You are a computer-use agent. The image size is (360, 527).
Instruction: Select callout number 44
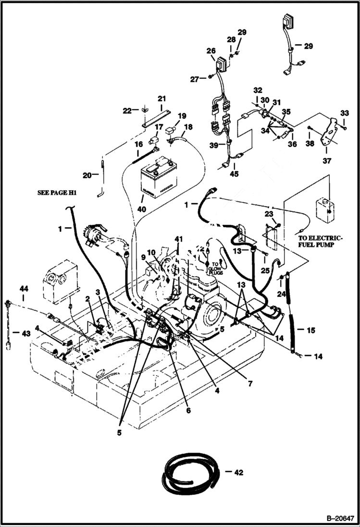tap(24, 288)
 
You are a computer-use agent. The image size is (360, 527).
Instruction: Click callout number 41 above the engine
tap(179, 239)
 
